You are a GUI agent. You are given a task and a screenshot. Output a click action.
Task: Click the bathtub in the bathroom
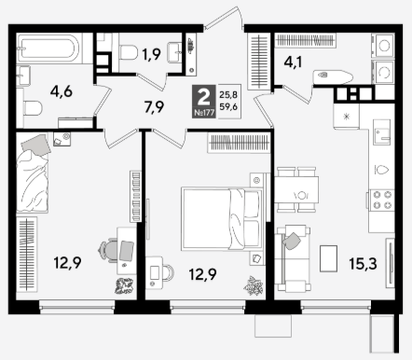coord(49,48)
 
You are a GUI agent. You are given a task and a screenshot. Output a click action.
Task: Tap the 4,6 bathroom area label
coord(62,91)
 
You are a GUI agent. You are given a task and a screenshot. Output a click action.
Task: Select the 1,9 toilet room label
coord(151,55)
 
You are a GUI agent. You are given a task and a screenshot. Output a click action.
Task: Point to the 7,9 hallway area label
coord(154,107)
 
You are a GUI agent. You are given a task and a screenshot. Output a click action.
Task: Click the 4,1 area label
coord(294,62)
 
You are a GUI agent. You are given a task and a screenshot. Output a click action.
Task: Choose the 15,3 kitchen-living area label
coord(363,264)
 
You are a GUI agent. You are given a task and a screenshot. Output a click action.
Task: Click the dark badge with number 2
coord(204,102)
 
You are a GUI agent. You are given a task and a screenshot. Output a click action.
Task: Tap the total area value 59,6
coord(228,107)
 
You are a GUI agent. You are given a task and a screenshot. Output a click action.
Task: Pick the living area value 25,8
coord(228,93)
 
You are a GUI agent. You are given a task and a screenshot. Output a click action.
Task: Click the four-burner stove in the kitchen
coord(382,200)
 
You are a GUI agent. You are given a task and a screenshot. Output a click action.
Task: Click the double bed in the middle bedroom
coord(222,219)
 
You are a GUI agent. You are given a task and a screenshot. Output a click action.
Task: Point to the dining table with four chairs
coord(296,189)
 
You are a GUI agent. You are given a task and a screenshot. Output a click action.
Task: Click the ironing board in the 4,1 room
coord(333,76)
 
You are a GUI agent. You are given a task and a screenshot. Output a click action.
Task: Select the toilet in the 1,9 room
coord(129,52)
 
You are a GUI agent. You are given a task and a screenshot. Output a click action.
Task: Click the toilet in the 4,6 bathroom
coord(33,108)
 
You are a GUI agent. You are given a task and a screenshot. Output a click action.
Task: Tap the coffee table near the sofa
coord(328,258)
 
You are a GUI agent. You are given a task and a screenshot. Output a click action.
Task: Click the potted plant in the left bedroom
coord(124,285)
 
